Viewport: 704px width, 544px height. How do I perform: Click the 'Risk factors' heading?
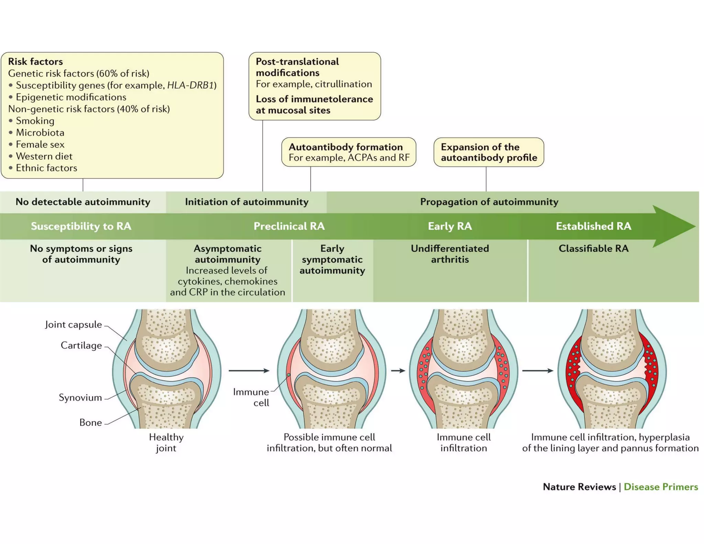(x=35, y=62)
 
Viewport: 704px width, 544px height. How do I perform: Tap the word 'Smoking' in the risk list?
(x=35, y=121)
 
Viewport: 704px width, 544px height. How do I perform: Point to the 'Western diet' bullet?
(x=44, y=156)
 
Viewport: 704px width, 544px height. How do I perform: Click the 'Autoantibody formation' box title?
(x=345, y=147)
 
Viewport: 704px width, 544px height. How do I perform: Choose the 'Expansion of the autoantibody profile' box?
(x=488, y=152)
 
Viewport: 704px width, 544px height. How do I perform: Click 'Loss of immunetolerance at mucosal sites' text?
(x=314, y=105)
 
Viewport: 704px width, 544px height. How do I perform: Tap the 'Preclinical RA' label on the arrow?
(x=289, y=226)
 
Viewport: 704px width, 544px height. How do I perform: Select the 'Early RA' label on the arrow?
(x=450, y=226)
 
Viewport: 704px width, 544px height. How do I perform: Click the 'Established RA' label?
(x=593, y=226)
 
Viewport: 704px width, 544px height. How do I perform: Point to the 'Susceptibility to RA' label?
(x=81, y=226)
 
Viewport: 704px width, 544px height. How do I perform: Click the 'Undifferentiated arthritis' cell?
(x=450, y=254)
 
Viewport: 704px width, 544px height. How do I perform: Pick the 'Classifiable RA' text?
(x=593, y=248)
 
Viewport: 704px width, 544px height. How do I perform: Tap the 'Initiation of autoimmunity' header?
(x=246, y=202)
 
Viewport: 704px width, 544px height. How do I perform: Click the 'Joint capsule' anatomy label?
(x=73, y=324)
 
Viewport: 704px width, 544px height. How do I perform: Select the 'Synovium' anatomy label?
(x=80, y=398)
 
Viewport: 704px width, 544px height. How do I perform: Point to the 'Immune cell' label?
(x=251, y=397)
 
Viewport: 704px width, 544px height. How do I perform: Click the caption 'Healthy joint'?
(x=166, y=443)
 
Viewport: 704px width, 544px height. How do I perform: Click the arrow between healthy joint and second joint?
(x=249, y=371)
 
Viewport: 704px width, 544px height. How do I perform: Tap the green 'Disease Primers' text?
(x=660, y=487)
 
